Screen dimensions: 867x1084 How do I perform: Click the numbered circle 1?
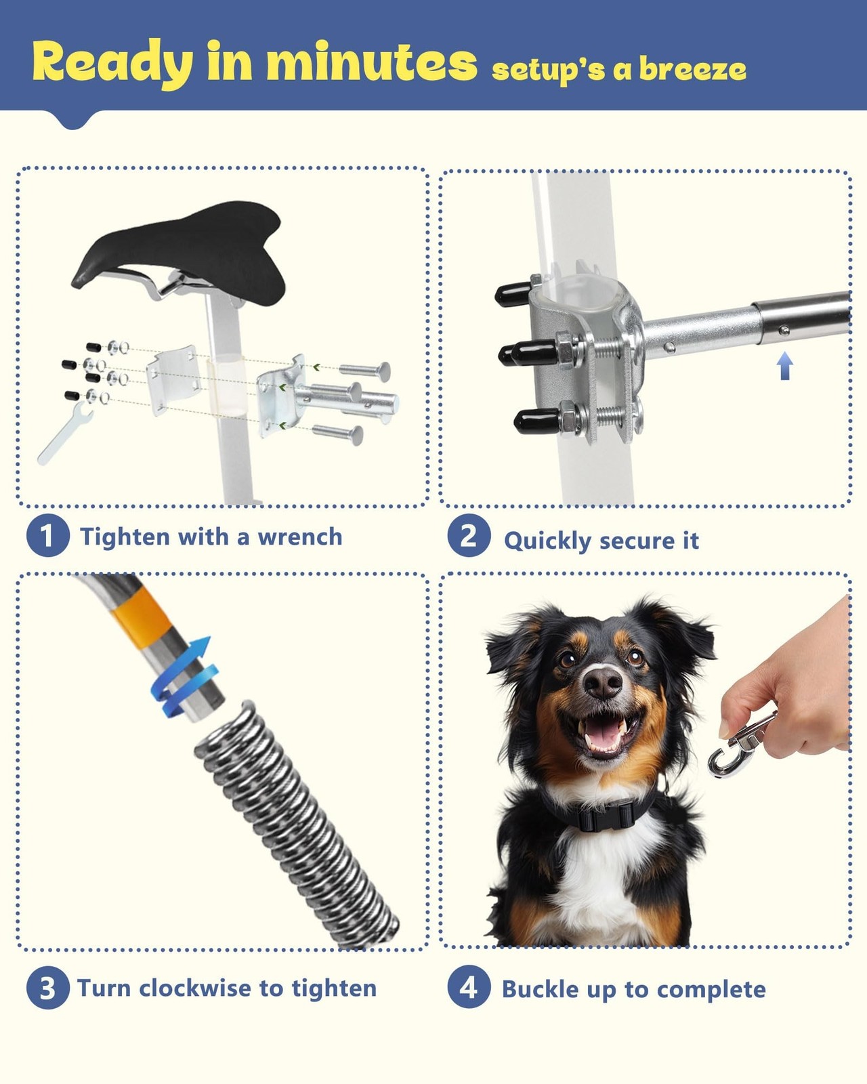[47, 535]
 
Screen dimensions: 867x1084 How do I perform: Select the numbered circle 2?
[469, 535]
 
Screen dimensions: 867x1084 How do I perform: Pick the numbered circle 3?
[47, 988]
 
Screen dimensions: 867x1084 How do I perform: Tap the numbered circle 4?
[469, 987]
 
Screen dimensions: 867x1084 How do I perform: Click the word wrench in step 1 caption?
[300, 537]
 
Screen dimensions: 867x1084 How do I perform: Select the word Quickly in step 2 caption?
[547, 541]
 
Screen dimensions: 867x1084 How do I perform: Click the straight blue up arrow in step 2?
[784, 366]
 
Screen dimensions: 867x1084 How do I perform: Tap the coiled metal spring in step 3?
[297, 826]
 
